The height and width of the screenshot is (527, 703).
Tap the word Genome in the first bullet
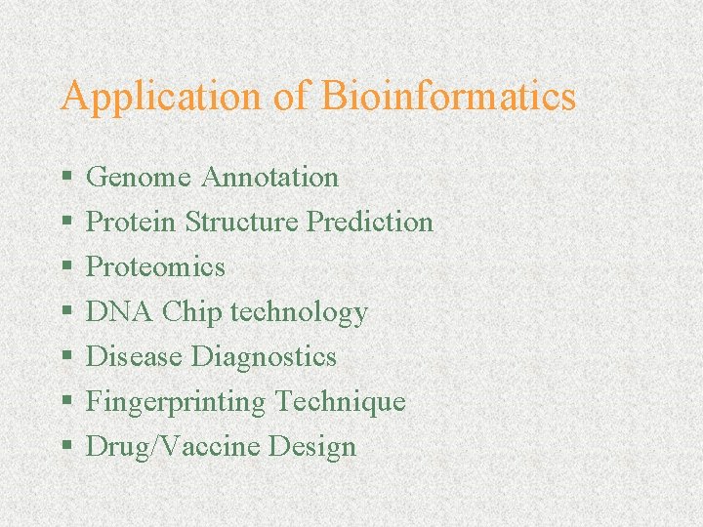click(x=140, y=178)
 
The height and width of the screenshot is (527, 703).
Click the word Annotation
click(x=269, y=178)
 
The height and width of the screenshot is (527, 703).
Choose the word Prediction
click(x=370, y=223)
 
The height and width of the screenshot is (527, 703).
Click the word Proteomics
click(x=156, y=267)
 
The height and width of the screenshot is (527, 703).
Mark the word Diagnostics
click(x=264, y=358)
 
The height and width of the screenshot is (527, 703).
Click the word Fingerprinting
click(x=176, y=402)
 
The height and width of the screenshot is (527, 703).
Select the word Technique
click(x=340, y=402)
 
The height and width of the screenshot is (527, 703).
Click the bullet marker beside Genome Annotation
click(x=66, y=179)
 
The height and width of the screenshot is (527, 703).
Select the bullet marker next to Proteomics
click(x=66, y=268)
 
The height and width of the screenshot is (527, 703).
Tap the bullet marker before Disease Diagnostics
click(x=66, y=358)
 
